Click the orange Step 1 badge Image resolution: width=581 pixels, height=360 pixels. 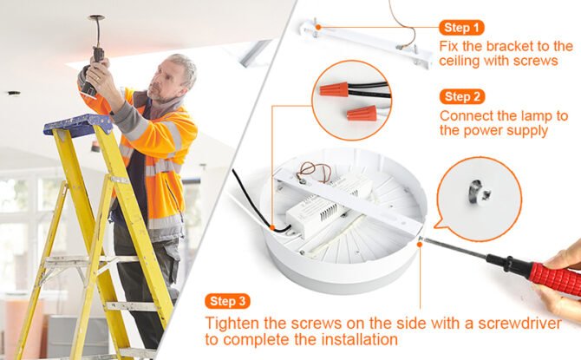coord(461,28)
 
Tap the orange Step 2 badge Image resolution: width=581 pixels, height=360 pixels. coord(462,97)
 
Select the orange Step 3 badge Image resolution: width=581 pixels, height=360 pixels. coord(227,301)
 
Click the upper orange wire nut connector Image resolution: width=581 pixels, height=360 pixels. coord(334,89)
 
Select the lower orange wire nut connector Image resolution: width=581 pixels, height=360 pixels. coord(362,113)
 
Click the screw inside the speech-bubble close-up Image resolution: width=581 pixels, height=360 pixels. coord(479,192)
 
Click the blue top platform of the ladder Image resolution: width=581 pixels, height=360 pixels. coord(78,124)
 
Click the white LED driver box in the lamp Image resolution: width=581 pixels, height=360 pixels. coord(325,206)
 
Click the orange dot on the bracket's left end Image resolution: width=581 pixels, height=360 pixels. coord(318,27)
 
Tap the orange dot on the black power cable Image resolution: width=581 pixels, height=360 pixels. coord(272,227)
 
